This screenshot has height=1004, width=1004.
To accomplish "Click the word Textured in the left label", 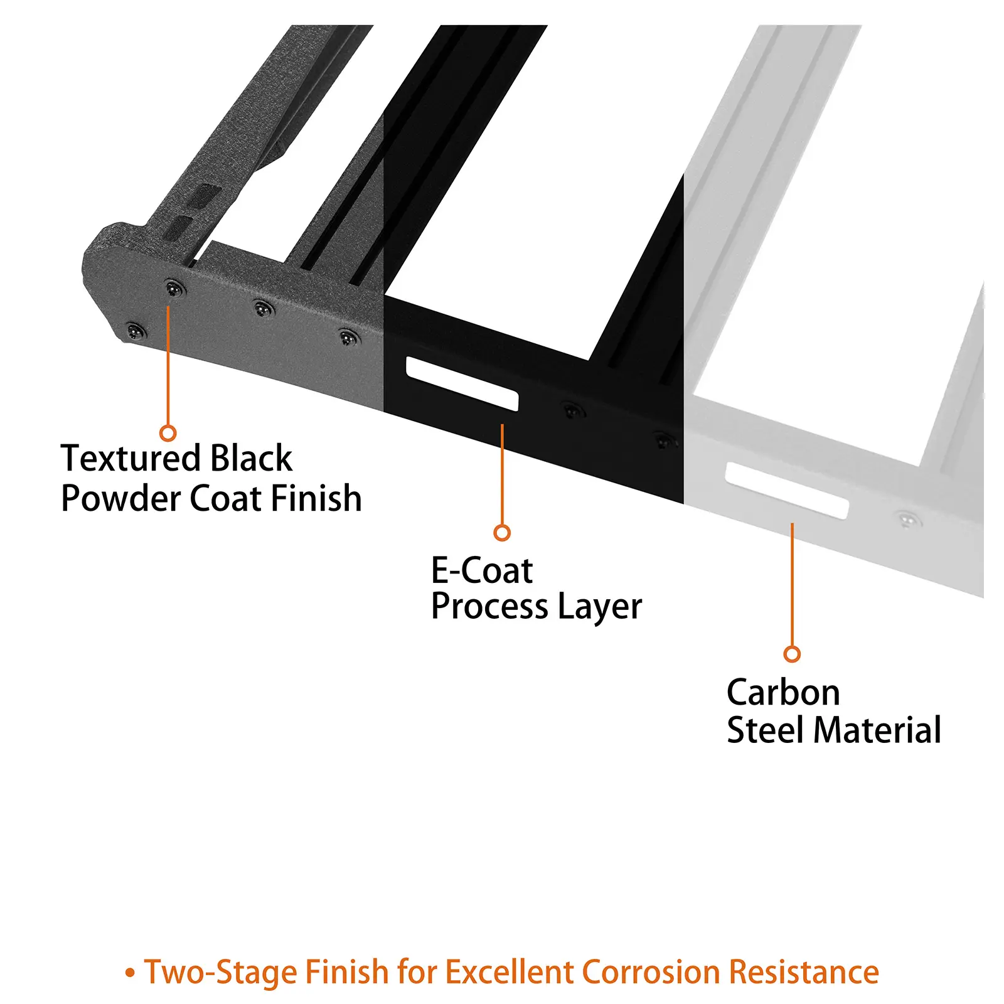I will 131,459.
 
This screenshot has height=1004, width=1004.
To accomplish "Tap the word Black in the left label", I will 251,459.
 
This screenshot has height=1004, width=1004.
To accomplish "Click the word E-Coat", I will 481,571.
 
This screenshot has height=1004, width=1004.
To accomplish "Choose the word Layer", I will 600,607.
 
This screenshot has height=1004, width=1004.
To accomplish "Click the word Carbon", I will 783,693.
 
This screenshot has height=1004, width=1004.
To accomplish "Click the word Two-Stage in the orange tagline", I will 220,972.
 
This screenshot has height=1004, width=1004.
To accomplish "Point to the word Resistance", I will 804,972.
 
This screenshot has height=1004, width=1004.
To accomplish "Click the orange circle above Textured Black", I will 168,433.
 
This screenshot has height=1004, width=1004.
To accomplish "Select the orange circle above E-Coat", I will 502,533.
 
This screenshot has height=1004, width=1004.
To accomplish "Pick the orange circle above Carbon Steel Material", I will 792,654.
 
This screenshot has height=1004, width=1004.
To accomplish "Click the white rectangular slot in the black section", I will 462,383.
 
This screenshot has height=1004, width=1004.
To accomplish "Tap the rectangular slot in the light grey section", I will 787,490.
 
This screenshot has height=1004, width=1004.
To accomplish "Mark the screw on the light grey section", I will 907,519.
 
